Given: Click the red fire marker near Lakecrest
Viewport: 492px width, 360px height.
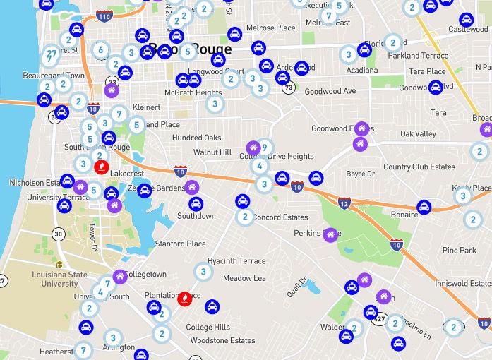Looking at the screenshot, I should [100, 167].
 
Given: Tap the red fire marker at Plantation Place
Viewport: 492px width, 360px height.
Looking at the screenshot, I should [184, 298].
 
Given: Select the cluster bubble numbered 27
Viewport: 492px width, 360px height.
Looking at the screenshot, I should [51, 54].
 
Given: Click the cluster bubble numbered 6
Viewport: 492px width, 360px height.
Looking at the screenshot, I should [101, 49].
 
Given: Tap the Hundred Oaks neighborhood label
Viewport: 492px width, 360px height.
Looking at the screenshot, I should [197, 138].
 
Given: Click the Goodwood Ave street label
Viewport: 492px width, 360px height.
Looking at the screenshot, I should [330, 91].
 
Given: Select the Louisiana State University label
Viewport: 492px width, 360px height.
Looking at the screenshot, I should [60, 278].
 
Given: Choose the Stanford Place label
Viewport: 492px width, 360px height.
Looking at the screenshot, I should [181, 244].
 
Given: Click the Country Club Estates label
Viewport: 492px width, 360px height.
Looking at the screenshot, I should [419, 167].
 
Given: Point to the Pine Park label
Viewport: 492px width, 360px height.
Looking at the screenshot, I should [459, 250].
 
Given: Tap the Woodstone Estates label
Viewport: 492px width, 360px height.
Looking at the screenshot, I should [222, 340].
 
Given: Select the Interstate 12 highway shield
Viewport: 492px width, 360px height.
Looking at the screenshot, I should [344, 203].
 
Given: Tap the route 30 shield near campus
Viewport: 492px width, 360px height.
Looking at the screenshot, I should [58, 234].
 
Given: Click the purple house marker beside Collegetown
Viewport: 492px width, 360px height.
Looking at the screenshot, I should [119, 275].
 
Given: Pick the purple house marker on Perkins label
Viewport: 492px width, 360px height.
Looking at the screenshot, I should [330, 234].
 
